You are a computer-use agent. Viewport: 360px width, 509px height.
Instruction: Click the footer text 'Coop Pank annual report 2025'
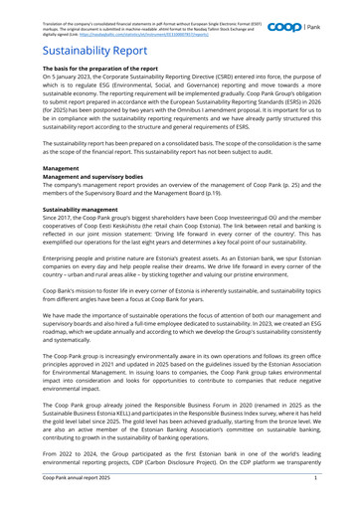pyautogui.click(x=59, y=502)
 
